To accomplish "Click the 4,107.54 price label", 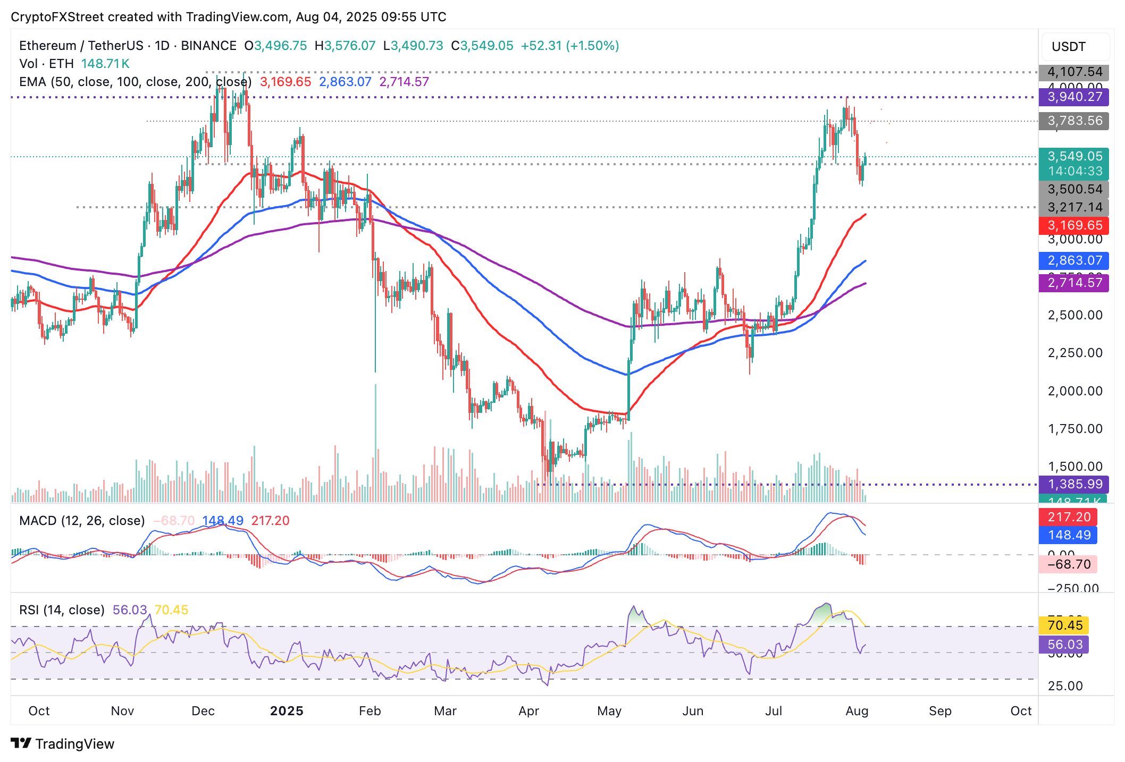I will coord(1074,72).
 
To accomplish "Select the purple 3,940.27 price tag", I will coord(1074,97).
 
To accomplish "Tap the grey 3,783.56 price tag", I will coord(1074,121).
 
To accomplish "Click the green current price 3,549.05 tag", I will coord(1074,156).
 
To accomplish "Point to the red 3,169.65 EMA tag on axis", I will coord(1074,225).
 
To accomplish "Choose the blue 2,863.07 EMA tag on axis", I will coord(1074,260).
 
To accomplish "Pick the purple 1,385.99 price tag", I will coord(1074,484).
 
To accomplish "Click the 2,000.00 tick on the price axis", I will coord(1074,391).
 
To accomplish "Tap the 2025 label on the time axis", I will coord(287,711).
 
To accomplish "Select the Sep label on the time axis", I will coord(940,711).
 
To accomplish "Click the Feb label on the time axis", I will coord(370,711).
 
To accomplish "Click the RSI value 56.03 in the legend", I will coord(130,610).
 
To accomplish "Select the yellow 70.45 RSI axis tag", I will coord(1064,625).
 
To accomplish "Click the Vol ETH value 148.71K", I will coord(105,64).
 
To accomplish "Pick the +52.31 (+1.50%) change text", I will coord(570,46).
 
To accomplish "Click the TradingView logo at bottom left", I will coord(63,744).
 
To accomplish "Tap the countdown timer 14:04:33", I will coord(1074,171).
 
